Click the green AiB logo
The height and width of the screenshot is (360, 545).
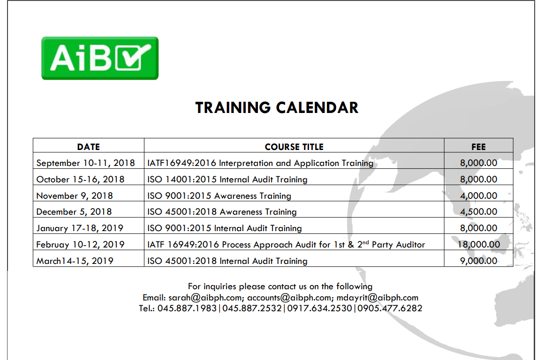[100, 58]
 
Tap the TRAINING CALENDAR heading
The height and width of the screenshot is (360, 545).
[277, 107]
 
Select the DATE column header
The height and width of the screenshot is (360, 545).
[88, 147]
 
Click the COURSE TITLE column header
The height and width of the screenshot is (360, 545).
[294, 147]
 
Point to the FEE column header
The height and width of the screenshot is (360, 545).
[478, 147]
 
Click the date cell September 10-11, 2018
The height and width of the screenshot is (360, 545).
[85, 163]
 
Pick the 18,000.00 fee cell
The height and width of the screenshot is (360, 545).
[478, 244]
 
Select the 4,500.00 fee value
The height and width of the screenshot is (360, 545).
[478, 211]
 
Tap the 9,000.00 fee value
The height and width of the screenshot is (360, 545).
[478, 261]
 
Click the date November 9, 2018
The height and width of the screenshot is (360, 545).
[75, 195]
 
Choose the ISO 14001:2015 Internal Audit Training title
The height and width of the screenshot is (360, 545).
[227, 180]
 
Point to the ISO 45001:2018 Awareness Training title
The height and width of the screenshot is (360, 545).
[222, 211]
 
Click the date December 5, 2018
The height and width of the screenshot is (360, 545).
[74, 211]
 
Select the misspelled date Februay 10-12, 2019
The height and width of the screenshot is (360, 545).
[80, 244]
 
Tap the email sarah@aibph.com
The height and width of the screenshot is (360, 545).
[205, 298]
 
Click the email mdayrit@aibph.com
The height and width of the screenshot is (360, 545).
[378, 298]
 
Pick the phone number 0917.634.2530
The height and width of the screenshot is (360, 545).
[319, 308]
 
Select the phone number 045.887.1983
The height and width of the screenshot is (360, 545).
[187, 308]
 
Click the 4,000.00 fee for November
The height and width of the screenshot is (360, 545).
[478, 195]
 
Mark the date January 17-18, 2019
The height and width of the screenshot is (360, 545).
[80, 228]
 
